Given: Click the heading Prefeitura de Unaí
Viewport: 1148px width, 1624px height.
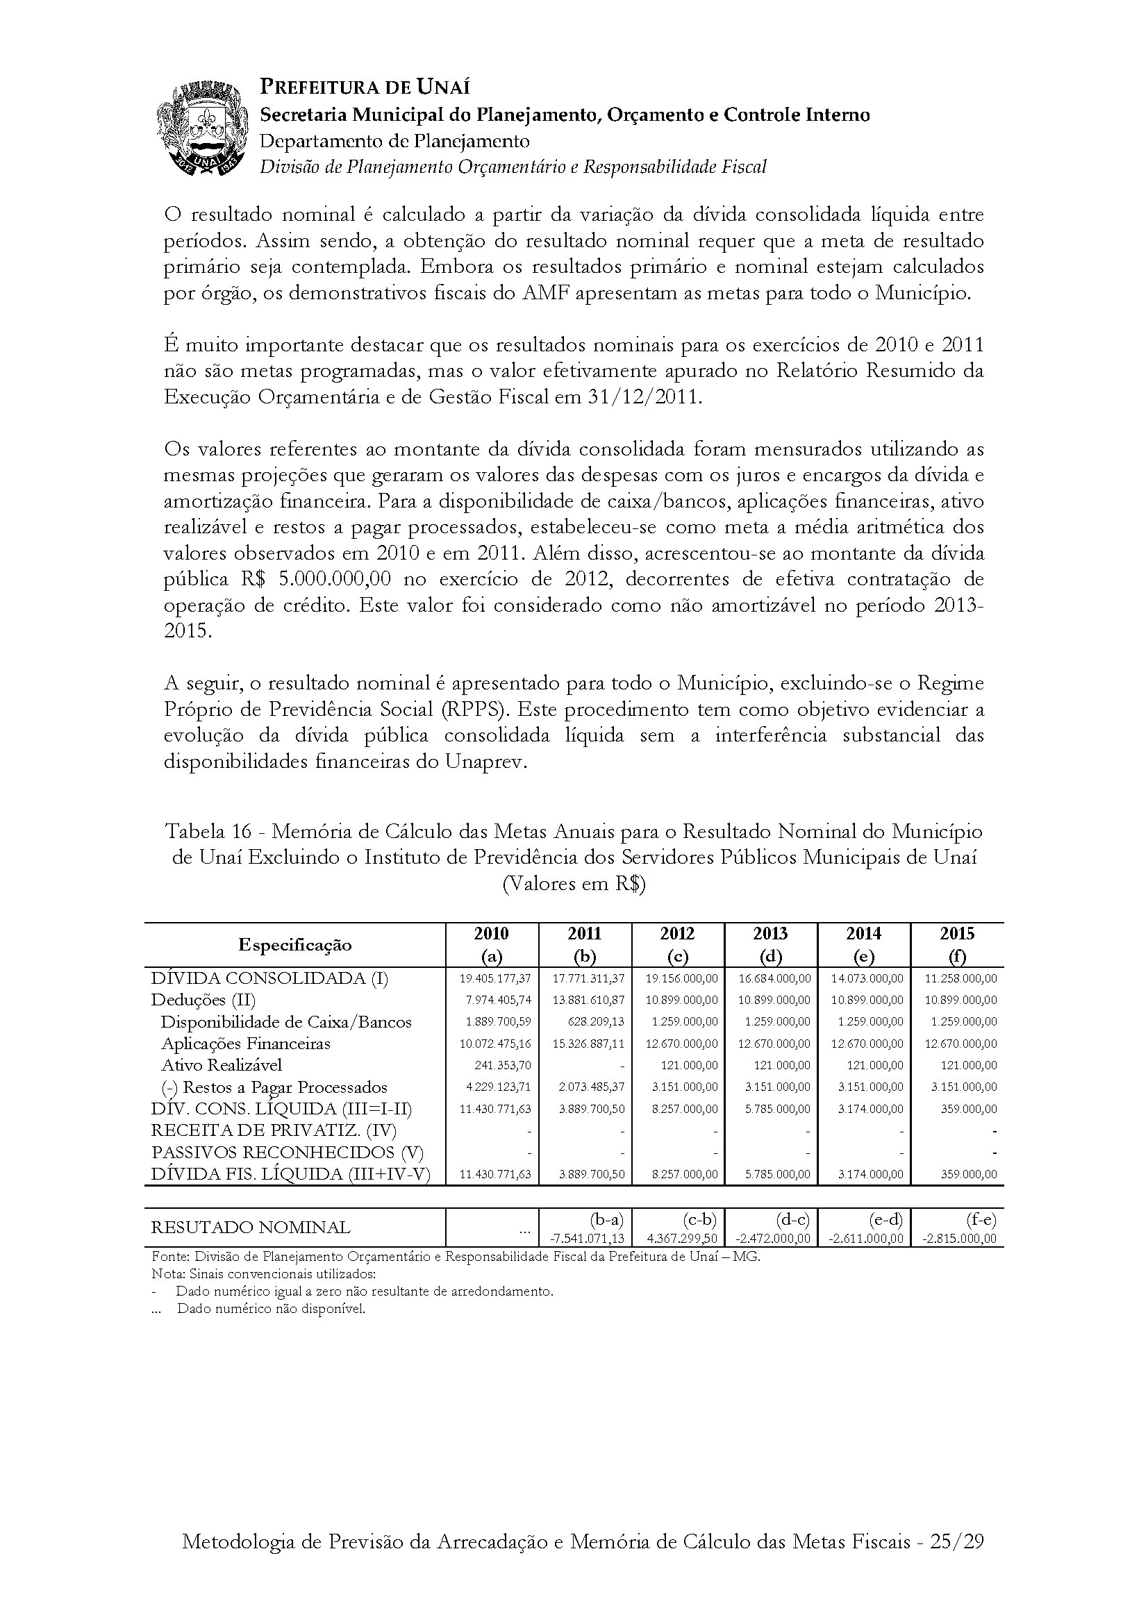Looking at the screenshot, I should [x=365, y=87].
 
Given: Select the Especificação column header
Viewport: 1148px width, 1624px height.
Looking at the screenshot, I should [x=295, y=945].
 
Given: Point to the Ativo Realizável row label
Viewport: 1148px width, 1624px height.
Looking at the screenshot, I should [x=222, y=1065].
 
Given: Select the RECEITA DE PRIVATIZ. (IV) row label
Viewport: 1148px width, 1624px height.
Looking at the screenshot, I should [x=274, y=1131].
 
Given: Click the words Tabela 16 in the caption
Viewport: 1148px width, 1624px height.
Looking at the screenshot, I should [x=208, y=831].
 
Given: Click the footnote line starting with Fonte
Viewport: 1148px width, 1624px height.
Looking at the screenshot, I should [x=456, y=1257].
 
